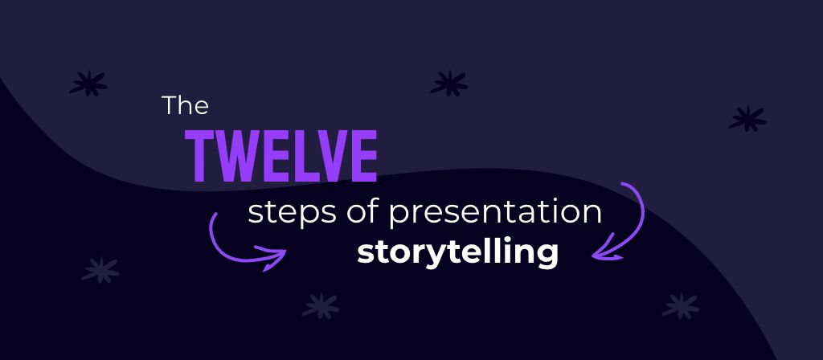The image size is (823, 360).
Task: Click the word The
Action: (186, 105)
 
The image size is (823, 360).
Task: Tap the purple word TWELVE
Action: (280, 157)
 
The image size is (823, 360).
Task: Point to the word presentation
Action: (495, 214)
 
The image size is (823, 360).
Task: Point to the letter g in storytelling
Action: (546, 256)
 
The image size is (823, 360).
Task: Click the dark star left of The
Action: (88, 84)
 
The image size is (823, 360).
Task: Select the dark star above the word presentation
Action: (449, 84)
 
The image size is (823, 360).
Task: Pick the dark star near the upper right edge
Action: (747, 119)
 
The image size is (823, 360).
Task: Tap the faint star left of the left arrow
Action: (100, 270)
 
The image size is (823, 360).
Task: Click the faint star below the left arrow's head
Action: (321, 306)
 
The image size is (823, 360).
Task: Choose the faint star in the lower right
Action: (681, 306)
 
